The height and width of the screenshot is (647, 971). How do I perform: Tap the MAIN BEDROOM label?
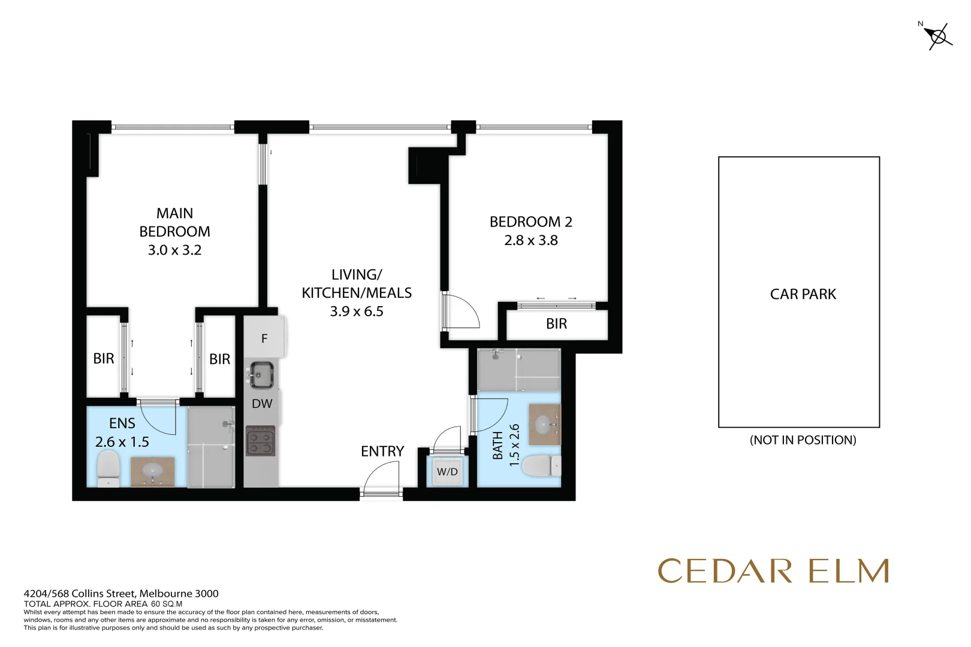coord(174,222)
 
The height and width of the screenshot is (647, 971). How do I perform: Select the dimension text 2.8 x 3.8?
coord(530,240)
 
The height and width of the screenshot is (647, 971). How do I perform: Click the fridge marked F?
coord(264,338)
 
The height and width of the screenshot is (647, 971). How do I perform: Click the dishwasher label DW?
coord(262,404)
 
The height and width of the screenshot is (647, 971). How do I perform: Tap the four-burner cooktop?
coord(261,442)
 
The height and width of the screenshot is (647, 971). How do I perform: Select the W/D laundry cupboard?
coord(447,471)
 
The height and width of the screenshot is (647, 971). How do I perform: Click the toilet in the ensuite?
coord(108,468)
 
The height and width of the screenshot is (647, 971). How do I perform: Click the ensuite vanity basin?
coord(152,470)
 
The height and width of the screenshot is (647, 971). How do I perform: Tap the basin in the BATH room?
coord(544,425)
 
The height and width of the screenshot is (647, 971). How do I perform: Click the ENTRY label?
coord(382,451)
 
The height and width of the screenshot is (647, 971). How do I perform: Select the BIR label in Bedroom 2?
coord(556,324)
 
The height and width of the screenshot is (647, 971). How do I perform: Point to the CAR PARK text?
coord(803,294)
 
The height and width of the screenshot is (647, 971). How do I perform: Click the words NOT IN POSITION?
coord(803,440)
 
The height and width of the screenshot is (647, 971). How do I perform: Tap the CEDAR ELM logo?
coord(773,571)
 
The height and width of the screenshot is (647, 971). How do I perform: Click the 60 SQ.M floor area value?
coord(167,604)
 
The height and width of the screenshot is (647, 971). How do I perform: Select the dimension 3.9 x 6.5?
coord(357,311)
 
